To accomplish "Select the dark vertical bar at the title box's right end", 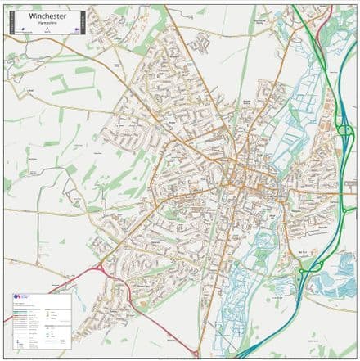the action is pos(80,21).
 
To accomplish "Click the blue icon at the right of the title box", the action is pos(75,27).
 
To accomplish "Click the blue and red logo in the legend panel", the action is pos(20,298).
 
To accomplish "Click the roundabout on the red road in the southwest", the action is pos(100,268).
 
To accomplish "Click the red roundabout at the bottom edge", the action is pos(196,354).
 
